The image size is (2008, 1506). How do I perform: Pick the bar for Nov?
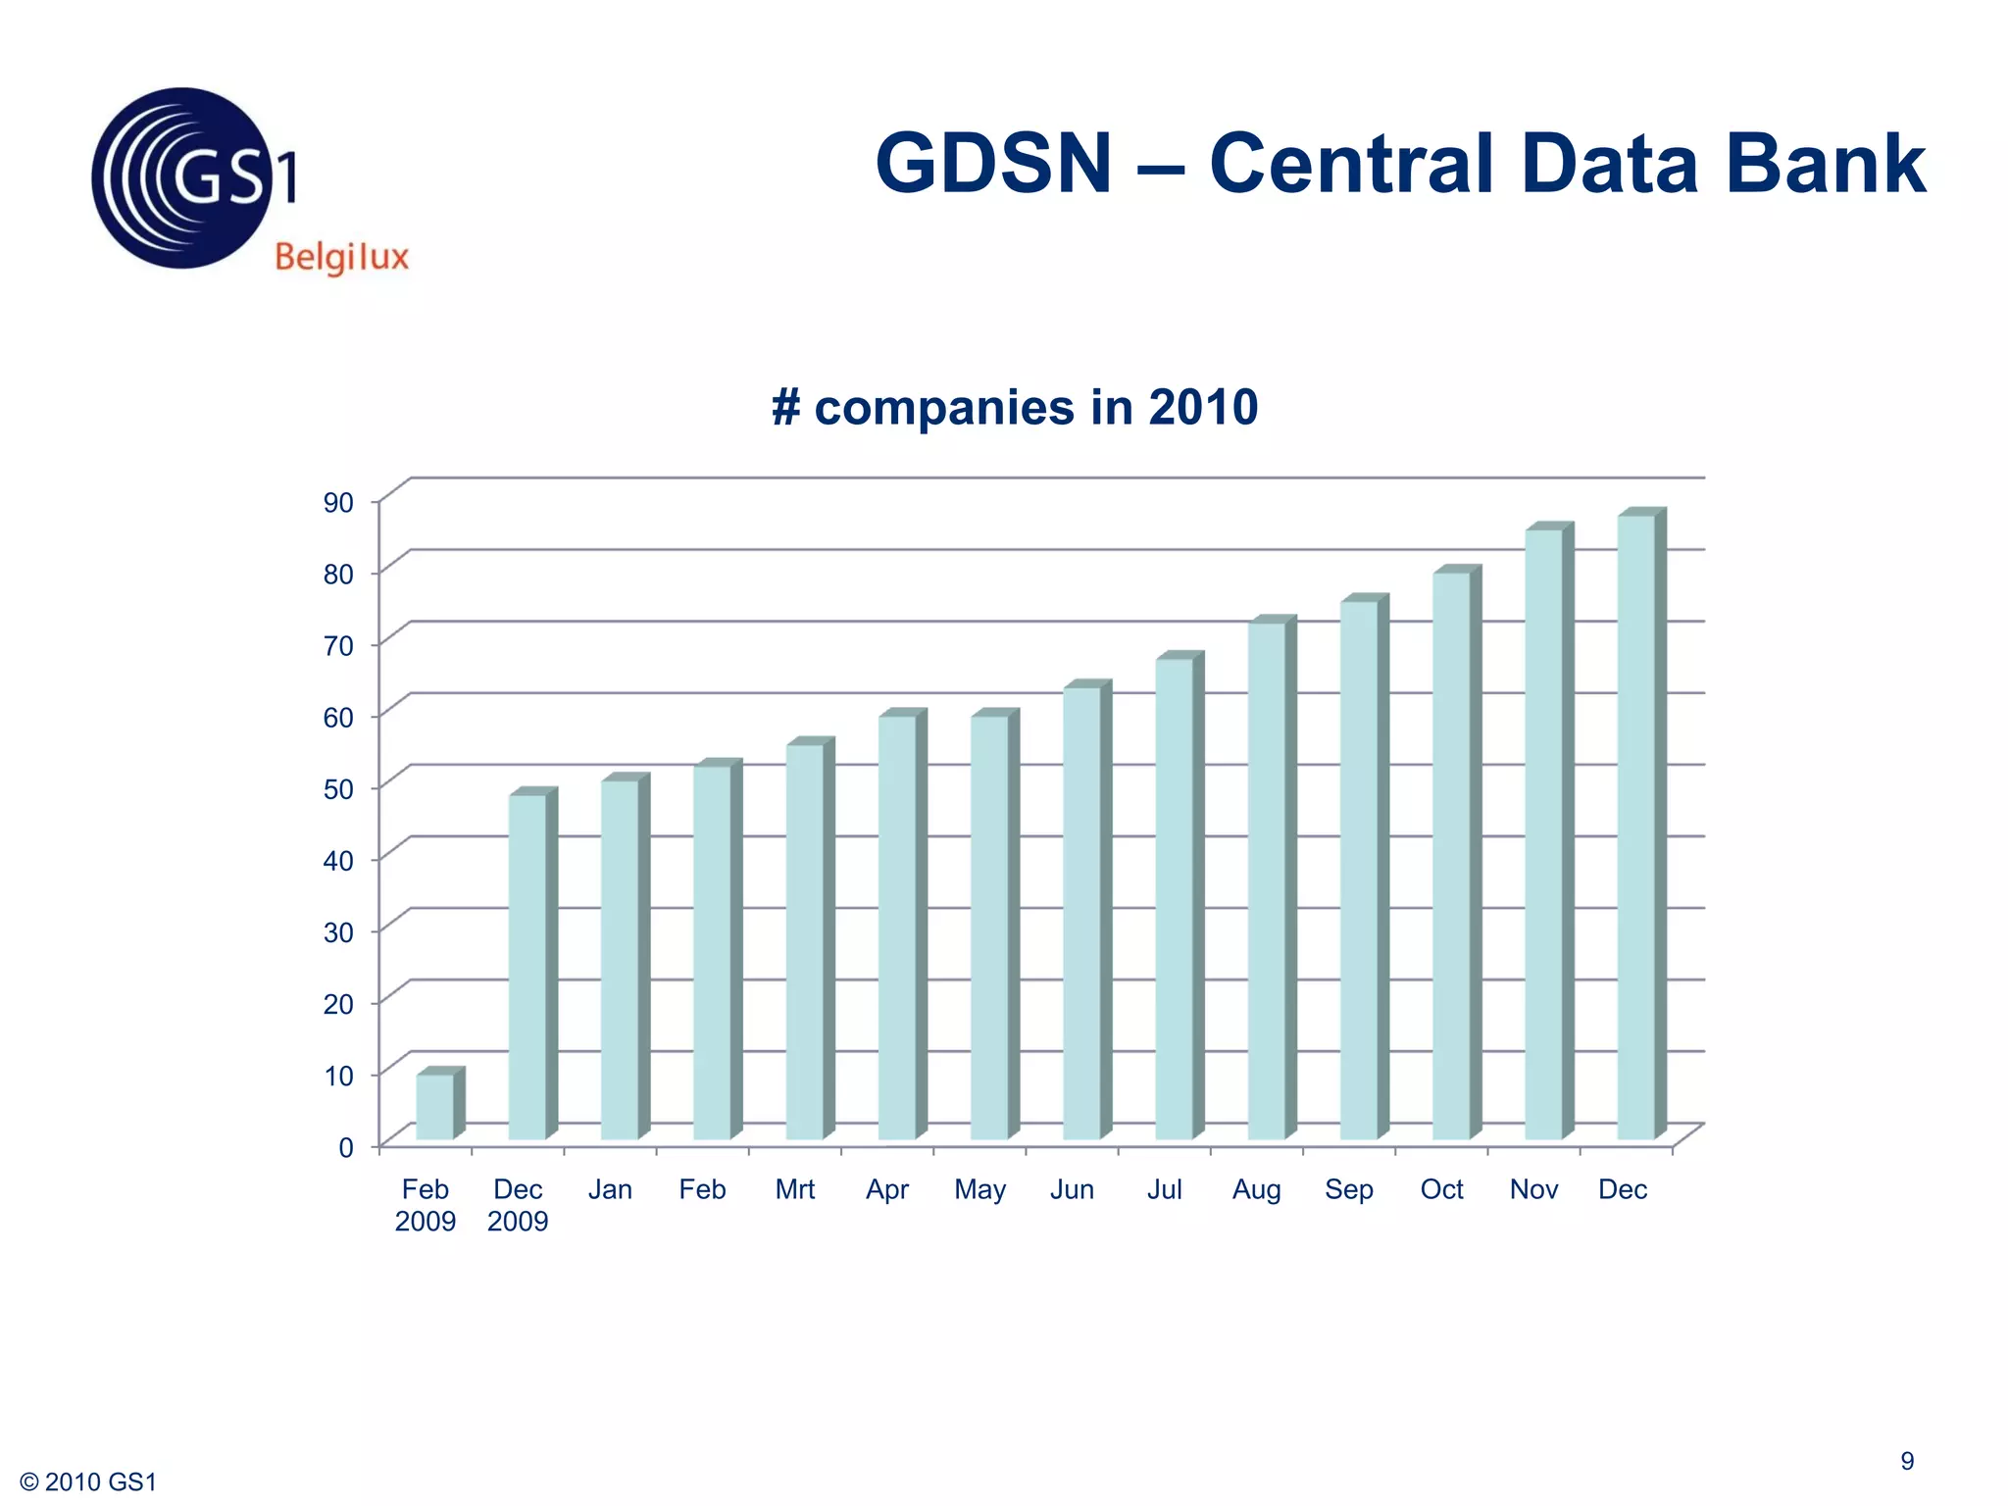coord(1544,833)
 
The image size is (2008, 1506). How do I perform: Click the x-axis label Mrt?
coord(794,1189)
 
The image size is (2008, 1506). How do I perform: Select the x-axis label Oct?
coord(1441,1189)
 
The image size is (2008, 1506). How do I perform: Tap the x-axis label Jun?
coord(1072,1189)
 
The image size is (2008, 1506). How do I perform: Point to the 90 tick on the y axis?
coord(338,503)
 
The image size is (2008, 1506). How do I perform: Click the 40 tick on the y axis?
coord(338,861)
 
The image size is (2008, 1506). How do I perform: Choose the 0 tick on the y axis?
coord(346,1147)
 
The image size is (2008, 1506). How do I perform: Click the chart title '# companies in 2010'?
coord(1015,407)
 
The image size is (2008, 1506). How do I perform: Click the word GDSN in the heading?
coord(993,164)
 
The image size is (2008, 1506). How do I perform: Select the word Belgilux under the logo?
coord(341,258)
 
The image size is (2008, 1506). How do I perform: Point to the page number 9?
coord(1907,1461)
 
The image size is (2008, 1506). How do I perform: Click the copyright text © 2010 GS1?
coord(88,1482)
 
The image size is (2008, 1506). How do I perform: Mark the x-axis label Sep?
coord(1348,1189)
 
